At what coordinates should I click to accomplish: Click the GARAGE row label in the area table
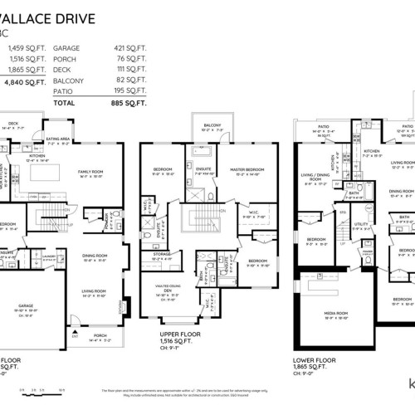click(66, 49)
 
